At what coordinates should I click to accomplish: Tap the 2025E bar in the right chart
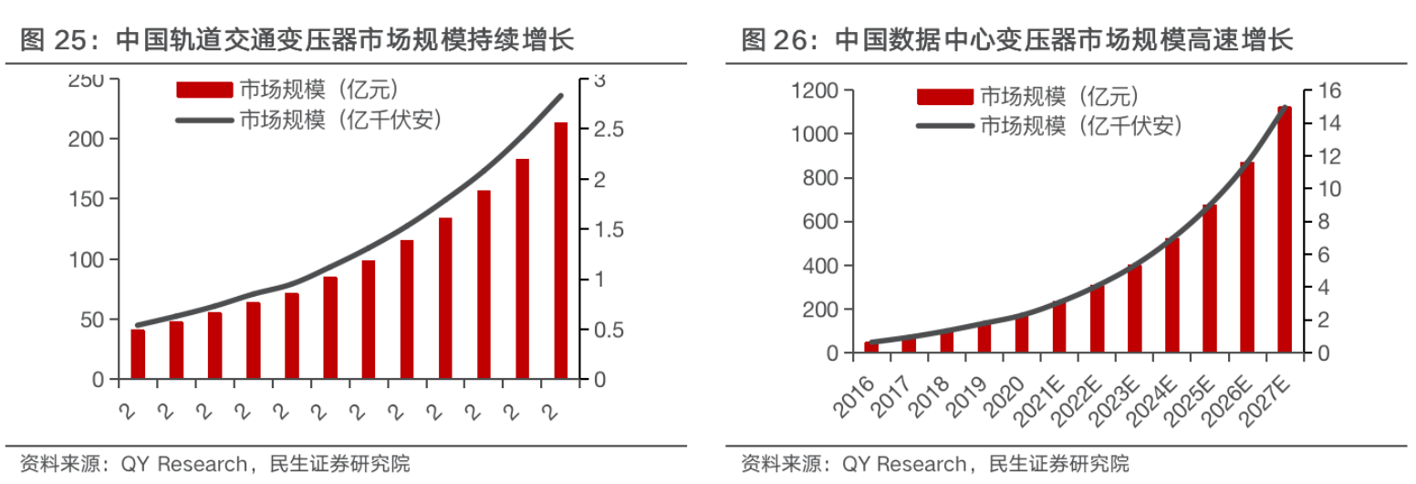coord(1209,279)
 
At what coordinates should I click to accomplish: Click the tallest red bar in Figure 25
coord(561,250)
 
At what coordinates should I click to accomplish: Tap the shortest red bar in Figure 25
coord(138,354)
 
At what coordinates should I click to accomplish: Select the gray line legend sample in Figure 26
coord(943,126)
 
